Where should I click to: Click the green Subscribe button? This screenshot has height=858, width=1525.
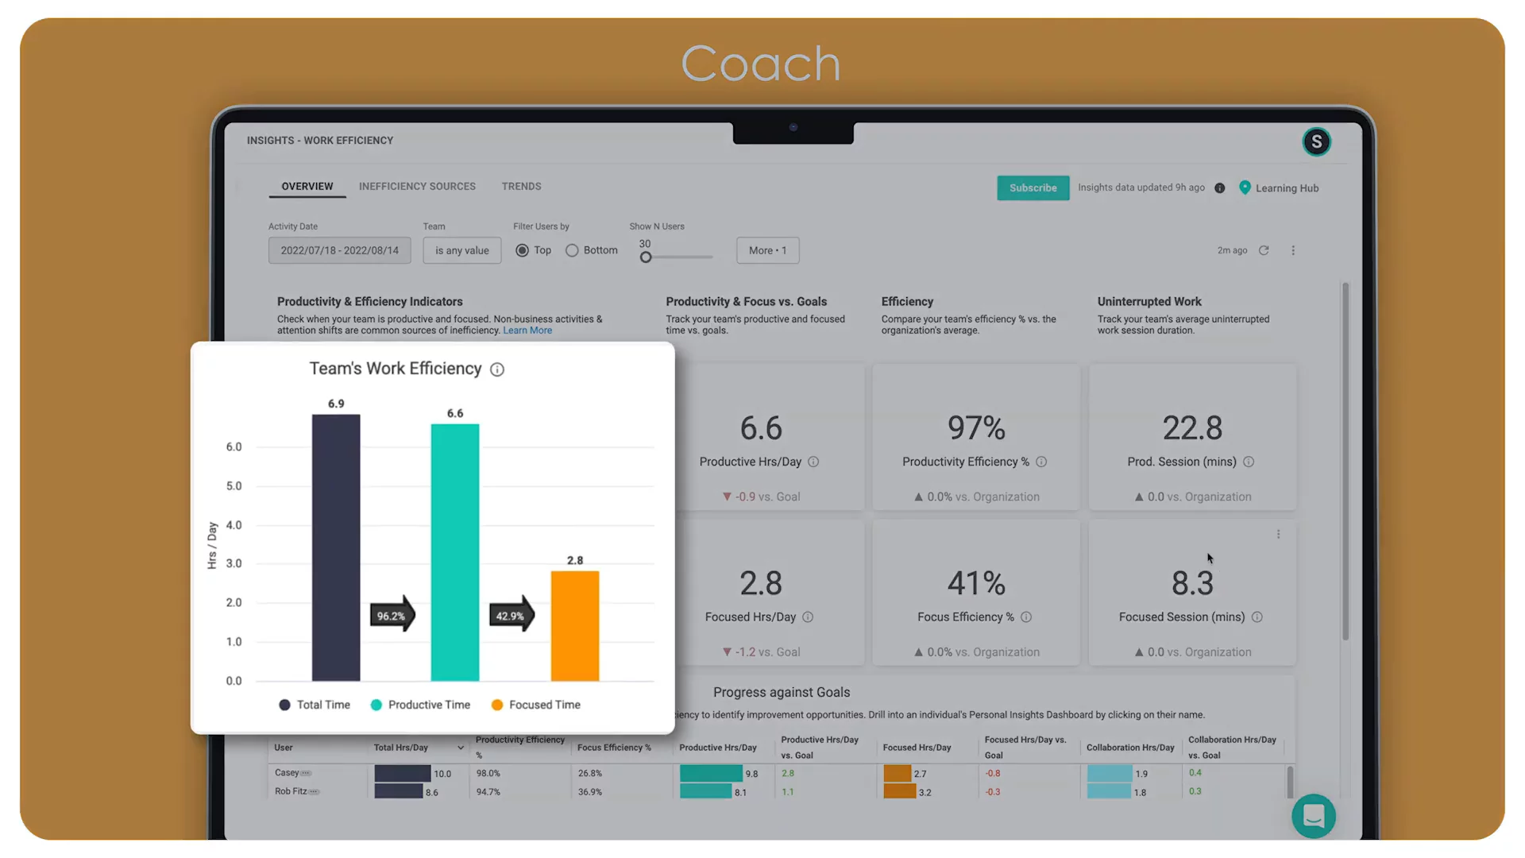(x=1033, y=187)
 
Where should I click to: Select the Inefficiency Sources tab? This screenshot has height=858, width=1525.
(x=417, y=186)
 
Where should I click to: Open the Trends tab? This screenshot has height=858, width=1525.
(x=521, y=186)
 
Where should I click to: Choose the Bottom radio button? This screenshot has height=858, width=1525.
(x=572, y=250)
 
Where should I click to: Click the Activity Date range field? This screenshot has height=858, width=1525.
(x=339, y=250)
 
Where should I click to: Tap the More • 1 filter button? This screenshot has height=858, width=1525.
(x=767, y=250)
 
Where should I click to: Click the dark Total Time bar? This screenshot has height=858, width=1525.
(x=336, y=548)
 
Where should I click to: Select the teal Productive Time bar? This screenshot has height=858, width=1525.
(x=455, y=552)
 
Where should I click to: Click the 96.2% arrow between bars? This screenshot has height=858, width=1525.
(x=392, y=615)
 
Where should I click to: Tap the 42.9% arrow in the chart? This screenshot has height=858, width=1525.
(x=512, y=615)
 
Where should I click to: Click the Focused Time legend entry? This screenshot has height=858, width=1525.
(x=544, y=705)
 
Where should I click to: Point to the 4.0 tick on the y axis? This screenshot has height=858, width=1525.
(x=234, y=525)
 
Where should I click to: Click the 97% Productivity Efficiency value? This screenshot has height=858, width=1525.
(x=976, y=428)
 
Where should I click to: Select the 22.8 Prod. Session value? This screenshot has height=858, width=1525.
(x=1192, y=428)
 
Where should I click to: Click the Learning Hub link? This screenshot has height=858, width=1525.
(x=1287, y=188)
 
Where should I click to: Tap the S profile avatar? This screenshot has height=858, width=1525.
(x=1316, y=141)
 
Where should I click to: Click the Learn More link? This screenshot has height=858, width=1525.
(x=527, y=330)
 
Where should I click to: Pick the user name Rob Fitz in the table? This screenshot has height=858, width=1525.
(x=291, y=791)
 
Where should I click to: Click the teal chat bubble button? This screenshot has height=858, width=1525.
(x=1314, y=816)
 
